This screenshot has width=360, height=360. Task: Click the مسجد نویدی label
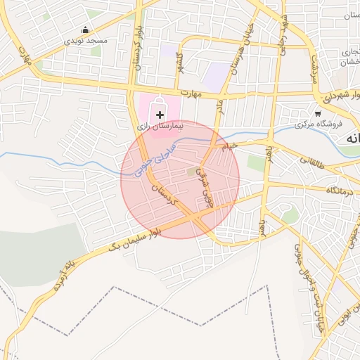tap(86, 41)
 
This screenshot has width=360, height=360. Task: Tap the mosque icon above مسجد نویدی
tap(86, 30)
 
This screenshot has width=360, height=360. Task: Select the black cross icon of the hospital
tap(160, 114)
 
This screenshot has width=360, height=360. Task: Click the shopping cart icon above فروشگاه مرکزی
tap(318, 113)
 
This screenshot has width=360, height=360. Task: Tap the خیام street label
tap(231, 146)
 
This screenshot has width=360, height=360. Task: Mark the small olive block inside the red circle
tap(192, 171)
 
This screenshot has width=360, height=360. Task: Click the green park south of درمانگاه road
tap(289, 214)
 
